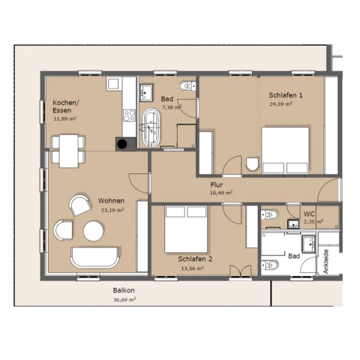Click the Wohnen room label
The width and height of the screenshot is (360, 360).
[x=111, y=201]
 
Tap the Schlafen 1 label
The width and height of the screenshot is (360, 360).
[x=286, y=95]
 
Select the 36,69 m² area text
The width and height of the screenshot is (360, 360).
[x=124, y=299]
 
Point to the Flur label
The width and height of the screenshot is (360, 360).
[x=217, y=185]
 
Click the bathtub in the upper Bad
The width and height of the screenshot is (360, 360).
[x=151, y=127]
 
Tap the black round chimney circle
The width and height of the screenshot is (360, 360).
[x=122, y=144]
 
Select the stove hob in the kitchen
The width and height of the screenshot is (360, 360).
[x=129, y=115]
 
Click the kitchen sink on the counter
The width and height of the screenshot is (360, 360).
[x=114, y=84]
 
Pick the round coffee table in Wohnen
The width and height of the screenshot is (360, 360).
[x=94, y=231]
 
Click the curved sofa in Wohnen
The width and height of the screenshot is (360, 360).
[x=94, y=258]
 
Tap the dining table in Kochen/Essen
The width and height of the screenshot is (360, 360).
[x=68, y=151]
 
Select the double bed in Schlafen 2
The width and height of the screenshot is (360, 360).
[x=186, y=229]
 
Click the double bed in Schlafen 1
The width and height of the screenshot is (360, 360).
[x=285, y=151]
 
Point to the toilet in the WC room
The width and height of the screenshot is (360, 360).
[x=269, y=214]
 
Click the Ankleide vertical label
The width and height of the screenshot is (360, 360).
[x=325, y=261]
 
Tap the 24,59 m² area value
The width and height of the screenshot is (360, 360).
[x=280, y=103]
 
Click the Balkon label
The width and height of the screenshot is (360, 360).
[x=124, y=290]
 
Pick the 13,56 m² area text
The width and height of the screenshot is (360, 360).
[x=193, y=268]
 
